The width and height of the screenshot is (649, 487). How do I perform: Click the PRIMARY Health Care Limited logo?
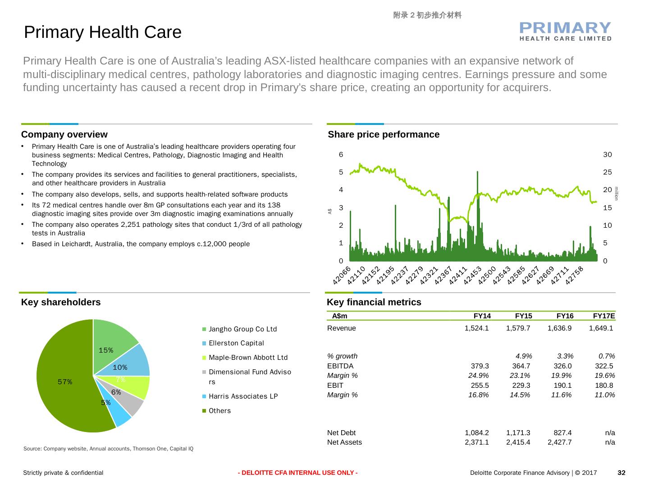pyautogui.click(x=566, y=31)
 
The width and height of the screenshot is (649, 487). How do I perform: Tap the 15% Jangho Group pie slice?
pyautogui.click(x=110, y=343)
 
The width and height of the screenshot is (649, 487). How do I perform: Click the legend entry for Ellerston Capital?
pyautogui.click(x=236, y=343)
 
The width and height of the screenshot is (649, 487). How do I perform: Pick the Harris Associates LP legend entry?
pyautogui.click(x=243, y=396)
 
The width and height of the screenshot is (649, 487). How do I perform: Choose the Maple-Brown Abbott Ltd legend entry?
pyautogui.click(x=248, y=358)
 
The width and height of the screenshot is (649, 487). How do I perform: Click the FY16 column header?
pyautogui.click(x=565, y=316)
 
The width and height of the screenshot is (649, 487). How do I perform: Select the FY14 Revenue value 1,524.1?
pyautogui.click(x=476, y=328)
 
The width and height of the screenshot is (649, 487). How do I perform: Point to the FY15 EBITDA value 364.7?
pyautogui.click(x=521, y=366)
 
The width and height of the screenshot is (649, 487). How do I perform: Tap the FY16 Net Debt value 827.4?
pyautogui.click(x=562, y=433)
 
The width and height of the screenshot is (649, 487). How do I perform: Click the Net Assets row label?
pyautogui.click(x=344, y=442)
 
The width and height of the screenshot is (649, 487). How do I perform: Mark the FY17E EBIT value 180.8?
pyautogui.click(x=604, y=386)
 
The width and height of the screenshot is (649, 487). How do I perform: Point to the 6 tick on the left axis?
pyautogui.click(x=341, y=155)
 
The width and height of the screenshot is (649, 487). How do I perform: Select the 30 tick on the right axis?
pyautogui.click(x=608, y=155)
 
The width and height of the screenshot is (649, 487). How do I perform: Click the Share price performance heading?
pyautogui.click(x=384, y=134)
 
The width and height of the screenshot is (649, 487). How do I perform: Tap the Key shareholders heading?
pyautogui.click(x=61, y=302)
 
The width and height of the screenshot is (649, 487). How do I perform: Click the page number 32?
pyautogui.click(x=622, y=473)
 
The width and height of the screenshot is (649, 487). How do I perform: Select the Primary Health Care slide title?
pyautogui.click(x=103, y=32)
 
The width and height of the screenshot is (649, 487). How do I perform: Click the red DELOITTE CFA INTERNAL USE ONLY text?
pyautogui.click(x=298, y=473)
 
